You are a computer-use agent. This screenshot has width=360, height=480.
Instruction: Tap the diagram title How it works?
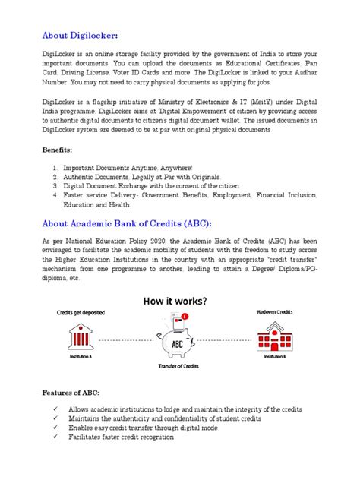pyautogui.click(x=181, y=300)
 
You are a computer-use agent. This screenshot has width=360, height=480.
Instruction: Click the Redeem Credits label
pyautogui.click(x=276, y=312)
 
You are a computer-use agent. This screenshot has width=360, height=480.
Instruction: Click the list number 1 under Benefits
pyautogui.click(x=55, y=167)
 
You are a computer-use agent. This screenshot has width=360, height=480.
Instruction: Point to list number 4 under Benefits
pyautogui.click(x=55, y=194)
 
